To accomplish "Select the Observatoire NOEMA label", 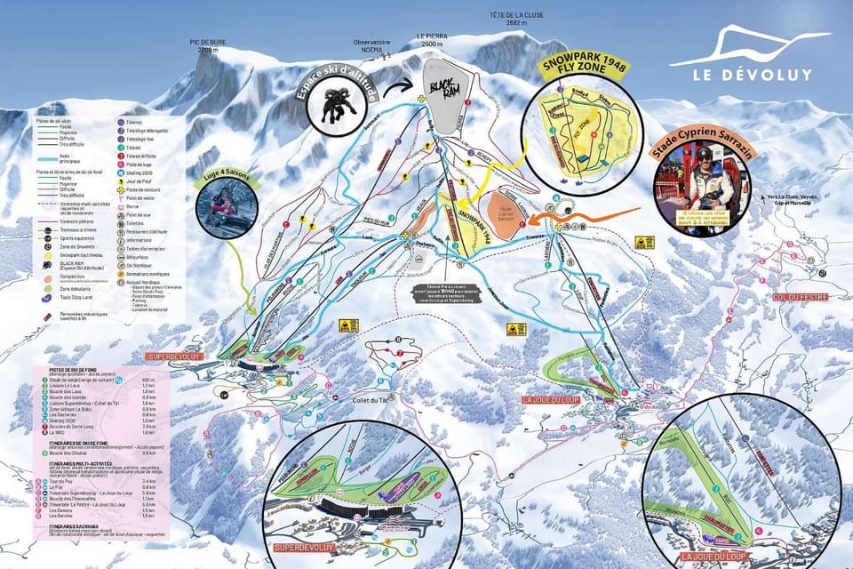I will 371,46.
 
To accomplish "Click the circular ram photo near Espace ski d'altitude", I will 338,100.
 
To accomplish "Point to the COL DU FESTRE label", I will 795,296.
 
